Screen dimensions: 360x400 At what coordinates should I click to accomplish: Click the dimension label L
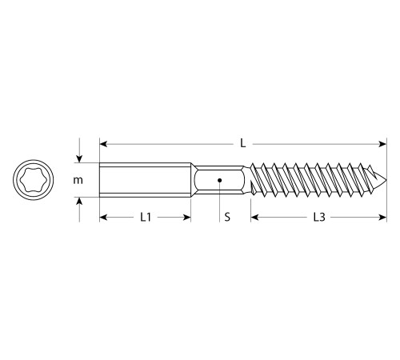[242, 143]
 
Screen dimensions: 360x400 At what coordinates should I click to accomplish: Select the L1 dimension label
[146, 217]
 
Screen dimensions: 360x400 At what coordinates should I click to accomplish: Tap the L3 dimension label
[318, 217]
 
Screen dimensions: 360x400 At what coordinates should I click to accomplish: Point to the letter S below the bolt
[227, 217]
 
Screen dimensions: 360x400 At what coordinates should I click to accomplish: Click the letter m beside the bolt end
[78, 180]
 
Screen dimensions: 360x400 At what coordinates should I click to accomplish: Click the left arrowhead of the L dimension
[103, 144]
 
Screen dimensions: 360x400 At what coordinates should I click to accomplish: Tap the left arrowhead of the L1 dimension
[103, 217]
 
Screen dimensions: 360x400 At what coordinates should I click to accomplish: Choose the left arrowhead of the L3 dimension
[254, 217]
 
